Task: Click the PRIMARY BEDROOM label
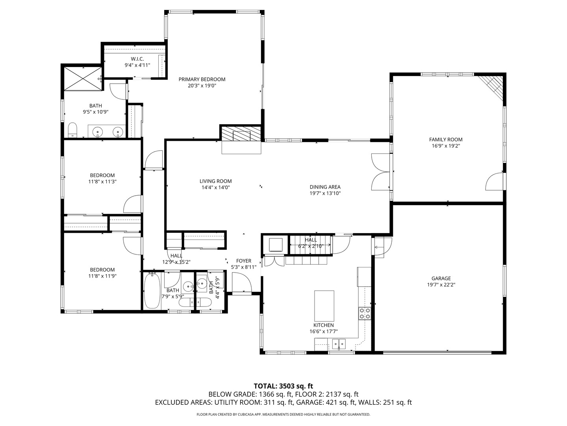pos(202,79)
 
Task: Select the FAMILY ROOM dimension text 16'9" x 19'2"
pos(446,146)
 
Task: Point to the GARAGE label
pos(441,278)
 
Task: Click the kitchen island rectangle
pos(324,306)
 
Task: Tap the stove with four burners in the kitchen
pos(365,313)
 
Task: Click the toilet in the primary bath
pos(72,130)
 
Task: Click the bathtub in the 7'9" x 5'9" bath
pos(152,291)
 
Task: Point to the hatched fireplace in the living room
pos(241,134)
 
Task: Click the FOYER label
pos(244,261)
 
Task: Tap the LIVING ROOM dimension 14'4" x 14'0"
pos(215,187)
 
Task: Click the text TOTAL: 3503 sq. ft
pos(283,386)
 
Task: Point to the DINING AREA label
pos(325,187)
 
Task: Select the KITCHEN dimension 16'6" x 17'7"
pos(324,331)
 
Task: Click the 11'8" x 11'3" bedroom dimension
pos(102,181)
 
